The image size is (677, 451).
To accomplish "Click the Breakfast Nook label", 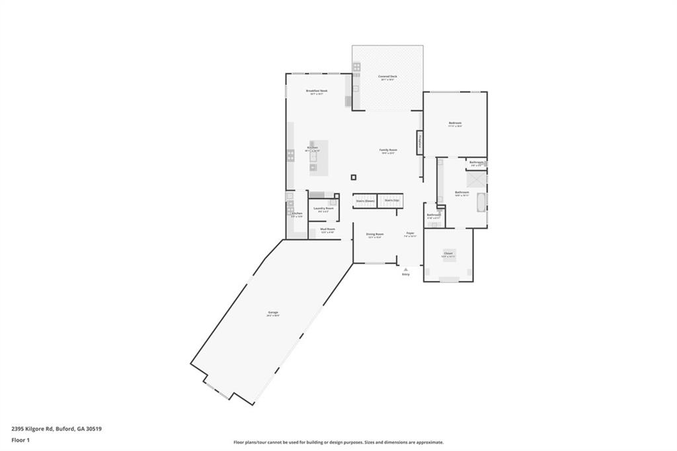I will [317, 91].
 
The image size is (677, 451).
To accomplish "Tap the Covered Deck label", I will [387, 77].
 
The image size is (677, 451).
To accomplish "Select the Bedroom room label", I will [455, 123].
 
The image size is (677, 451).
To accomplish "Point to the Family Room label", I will [388, 150].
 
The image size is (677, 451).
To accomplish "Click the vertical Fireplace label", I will [419, 142].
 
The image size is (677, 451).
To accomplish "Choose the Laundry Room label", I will [324, 208].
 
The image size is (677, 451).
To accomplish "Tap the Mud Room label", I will [327, 229].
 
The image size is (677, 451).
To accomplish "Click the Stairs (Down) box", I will [365, 200].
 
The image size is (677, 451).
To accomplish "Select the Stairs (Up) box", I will [391, 200].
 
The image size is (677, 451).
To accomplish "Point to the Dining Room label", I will [375, 234].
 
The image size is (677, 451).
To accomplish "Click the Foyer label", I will [410, 233].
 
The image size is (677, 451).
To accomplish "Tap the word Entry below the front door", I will [405, 274].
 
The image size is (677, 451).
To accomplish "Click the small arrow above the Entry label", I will [405, 269].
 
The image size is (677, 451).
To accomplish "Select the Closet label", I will [448, 253].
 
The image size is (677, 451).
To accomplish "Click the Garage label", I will [273, 312].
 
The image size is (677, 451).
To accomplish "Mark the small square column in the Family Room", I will [354, 177].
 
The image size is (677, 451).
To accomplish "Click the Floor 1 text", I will [19, 439].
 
